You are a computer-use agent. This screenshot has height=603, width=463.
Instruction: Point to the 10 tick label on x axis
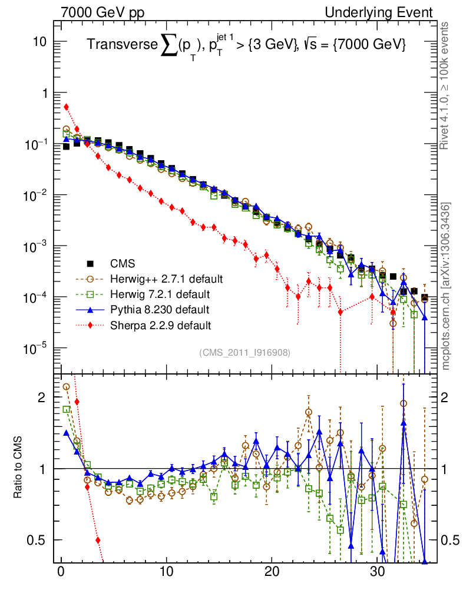[166, 574]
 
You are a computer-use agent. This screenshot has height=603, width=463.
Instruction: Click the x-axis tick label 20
[272, 574]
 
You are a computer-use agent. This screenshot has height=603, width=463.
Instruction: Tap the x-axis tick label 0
[61, 574]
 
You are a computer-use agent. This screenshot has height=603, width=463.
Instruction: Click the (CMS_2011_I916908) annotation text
[245, 352]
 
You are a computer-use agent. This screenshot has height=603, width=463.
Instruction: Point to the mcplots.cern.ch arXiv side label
[446, 286]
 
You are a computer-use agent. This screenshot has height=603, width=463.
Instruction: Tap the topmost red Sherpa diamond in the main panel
[66, 107]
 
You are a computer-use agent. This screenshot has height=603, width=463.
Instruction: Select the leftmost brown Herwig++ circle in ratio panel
[66, 387]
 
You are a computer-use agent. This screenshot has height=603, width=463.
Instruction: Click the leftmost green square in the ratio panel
[66, 409]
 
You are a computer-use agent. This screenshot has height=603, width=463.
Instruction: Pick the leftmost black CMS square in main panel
[66, 147]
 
